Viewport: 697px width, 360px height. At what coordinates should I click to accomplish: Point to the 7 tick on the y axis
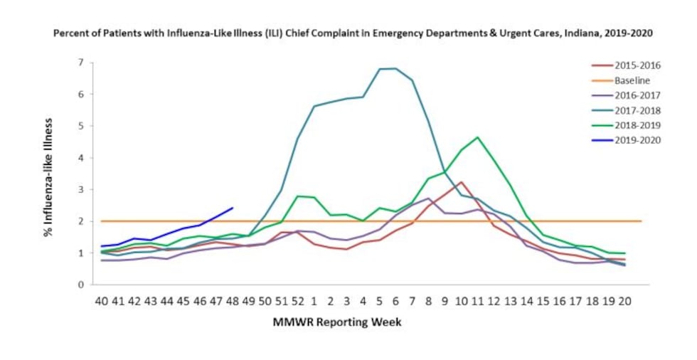coord(81,63)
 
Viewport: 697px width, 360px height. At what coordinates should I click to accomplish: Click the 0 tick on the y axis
coord(81,285)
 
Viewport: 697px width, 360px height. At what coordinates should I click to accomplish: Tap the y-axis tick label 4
coord(81,158)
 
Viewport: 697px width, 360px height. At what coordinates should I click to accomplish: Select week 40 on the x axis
coord(102,301)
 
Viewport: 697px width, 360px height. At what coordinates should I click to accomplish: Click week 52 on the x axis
coord(297,301)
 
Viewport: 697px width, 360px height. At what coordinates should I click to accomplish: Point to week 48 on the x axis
coord(232,301)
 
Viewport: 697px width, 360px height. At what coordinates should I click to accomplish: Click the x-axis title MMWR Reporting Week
coord(337,322)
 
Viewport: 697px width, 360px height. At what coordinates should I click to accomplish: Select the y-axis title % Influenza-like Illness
coord(50,174)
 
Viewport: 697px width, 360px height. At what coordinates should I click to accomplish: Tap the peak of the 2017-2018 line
coord(395,68)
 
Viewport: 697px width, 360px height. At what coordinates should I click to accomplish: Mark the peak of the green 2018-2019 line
coord(477,137)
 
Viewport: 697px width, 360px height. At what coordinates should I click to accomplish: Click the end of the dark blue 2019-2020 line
coord(233,208)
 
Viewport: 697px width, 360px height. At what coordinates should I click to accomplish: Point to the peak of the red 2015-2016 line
coord(461,182)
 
